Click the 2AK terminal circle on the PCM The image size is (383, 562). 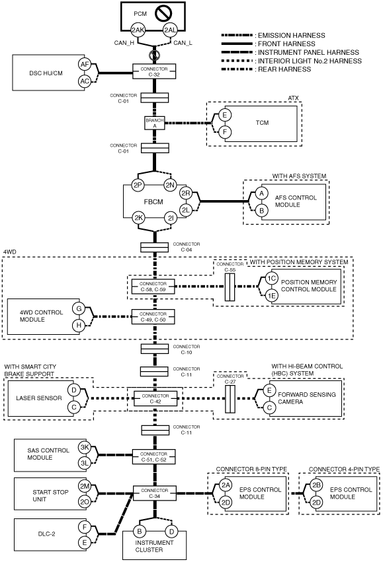138,30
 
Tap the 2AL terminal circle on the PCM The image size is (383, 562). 170,30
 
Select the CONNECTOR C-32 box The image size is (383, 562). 154,71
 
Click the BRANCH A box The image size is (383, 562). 155,123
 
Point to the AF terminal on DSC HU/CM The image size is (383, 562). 85,65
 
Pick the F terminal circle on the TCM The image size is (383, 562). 225,132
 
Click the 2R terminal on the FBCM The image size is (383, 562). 186,193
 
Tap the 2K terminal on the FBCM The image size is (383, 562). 138,217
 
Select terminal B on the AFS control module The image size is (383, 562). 262,211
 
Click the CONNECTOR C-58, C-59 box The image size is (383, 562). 153,287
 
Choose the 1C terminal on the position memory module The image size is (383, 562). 271,279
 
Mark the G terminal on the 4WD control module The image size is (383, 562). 79,308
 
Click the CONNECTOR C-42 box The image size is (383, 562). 155,399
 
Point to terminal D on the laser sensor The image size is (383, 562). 74,390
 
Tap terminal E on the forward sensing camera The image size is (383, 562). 269,390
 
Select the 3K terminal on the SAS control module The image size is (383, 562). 85,447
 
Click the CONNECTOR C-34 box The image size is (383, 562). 155,493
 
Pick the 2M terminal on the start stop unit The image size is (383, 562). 85,486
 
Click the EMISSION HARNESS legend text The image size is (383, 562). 292,36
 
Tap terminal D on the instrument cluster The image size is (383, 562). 171,531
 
